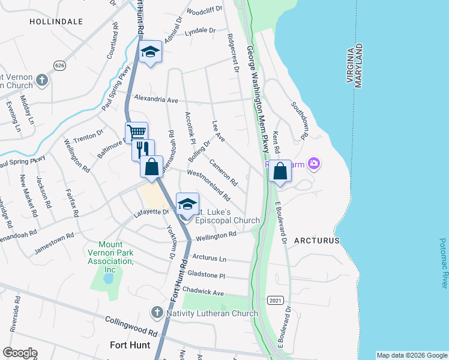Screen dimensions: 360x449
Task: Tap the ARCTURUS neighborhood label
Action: pos(317,240)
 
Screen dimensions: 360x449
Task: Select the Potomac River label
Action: pos(443,263)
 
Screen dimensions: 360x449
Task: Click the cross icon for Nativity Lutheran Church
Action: pos(157,313)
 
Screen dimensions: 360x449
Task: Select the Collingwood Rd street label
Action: pos(131,327)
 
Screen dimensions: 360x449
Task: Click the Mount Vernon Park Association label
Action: pos(110,257)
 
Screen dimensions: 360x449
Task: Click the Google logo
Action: pos(20,353)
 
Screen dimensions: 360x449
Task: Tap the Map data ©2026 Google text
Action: pos(411,355)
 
